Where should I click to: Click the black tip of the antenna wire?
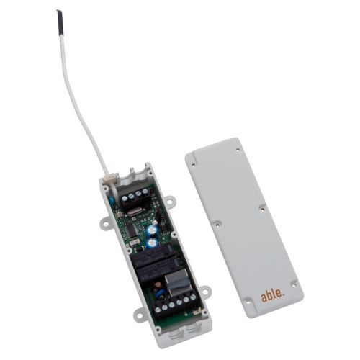pyautogui.click(x=60, y=23)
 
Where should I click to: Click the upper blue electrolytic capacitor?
pyautogui.click(x=152, y=229)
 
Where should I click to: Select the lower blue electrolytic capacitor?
pyautogui.click(x=152, y=243)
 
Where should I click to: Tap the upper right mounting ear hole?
pyautogui.click(x=170, y=200)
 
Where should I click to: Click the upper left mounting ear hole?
pyautogui.click(x=105, y=224)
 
